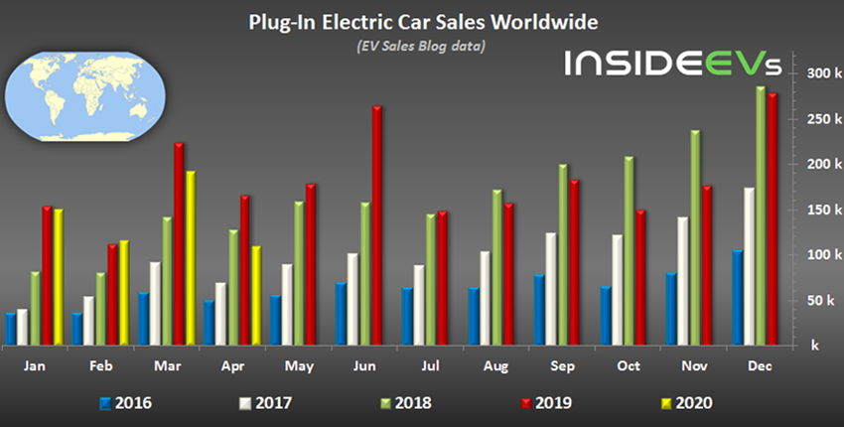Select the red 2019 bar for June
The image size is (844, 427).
377,225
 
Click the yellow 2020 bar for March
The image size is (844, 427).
191,258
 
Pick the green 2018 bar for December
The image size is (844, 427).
761,215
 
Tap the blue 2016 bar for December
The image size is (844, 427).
737,298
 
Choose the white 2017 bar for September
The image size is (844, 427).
549,289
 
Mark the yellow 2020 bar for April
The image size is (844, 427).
255,295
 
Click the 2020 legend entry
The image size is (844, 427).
686,403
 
